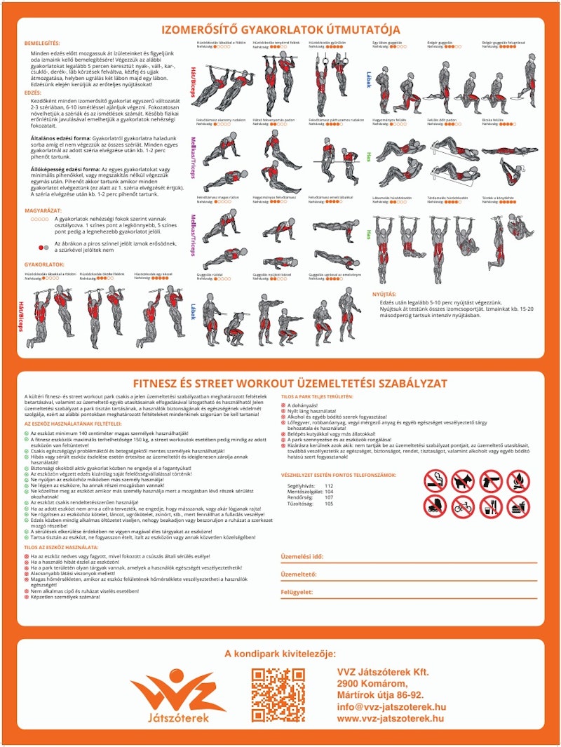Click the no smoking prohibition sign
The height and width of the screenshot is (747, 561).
click(x=435, y=481)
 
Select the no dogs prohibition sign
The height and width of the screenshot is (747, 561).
click(x=463, y=481)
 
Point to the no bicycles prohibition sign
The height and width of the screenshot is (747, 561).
click(x=463, y=507)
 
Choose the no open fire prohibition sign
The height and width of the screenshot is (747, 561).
click(x=518, y=481)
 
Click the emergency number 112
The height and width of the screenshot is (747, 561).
click(x=330, y=485)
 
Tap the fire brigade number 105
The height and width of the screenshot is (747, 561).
click(x=330, y=504)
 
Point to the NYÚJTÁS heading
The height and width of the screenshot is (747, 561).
click(x=384, y=294)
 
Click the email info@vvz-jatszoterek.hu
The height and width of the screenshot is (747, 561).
click(x=391, y=707)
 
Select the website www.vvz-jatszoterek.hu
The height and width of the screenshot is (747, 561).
click(x=390, y=719)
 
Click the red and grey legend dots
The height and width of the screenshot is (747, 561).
click(x=45, y=248)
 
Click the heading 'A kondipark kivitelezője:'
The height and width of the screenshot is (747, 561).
click(x=280, y=654)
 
